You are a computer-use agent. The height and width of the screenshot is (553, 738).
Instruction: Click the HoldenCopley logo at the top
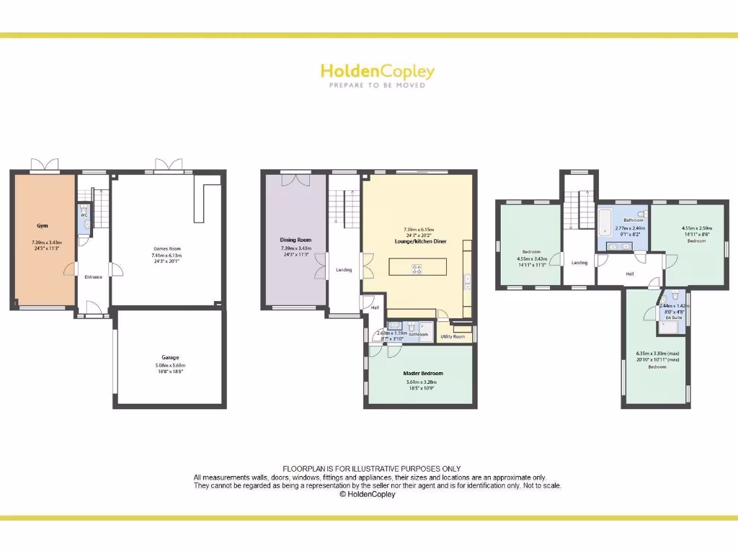[x=377, y=71]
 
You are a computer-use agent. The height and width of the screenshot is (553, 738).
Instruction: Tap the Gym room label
[x=41, y=225]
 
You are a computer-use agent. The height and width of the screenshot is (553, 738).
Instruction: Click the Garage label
[x=170, y=357]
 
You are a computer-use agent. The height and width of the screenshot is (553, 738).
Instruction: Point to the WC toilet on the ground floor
[x=84, y=225]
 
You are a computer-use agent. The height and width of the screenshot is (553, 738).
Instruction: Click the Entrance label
[x=93, y=276]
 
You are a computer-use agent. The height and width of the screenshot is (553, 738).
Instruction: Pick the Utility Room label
[x=453, y=336]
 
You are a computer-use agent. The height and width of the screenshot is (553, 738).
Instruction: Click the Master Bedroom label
[x=423, y=373]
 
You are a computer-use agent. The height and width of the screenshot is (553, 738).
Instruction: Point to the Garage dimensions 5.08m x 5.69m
[x=170, y=366]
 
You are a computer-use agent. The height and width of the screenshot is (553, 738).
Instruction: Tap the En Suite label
[x=672, y=317]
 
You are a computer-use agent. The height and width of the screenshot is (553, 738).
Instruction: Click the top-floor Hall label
[x=629, y=274]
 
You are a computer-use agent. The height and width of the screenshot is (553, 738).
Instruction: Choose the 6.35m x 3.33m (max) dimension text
[x=657, y=353]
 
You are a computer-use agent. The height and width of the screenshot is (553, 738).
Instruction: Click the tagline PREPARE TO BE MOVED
[x=377, y=85]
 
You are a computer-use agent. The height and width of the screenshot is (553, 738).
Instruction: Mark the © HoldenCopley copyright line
[x=367, y=495]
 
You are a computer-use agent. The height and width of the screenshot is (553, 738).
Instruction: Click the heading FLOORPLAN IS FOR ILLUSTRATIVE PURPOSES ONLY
[x=371, y=469]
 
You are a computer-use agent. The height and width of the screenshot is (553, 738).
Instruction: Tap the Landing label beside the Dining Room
[x=344, y=270]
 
